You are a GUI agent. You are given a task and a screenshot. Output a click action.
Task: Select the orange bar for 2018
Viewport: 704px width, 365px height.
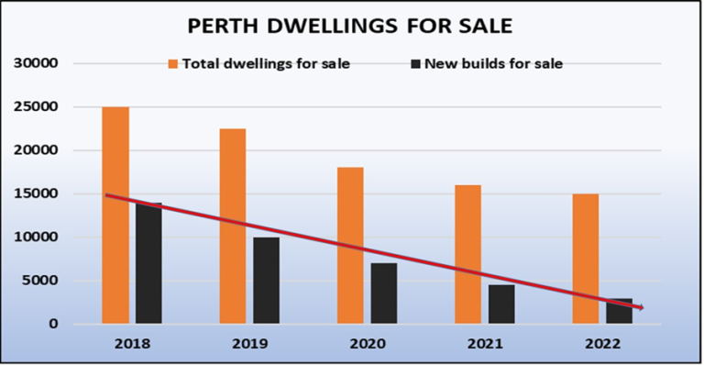click(x=115, y=216)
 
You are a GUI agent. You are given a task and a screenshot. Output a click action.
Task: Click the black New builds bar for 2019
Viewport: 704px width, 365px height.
click(x=266, y=281)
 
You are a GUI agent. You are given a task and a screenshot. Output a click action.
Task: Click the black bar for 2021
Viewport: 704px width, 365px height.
click(x=501, y=304)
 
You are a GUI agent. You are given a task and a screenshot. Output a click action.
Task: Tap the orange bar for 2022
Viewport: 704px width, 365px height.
click(x=585, y=259)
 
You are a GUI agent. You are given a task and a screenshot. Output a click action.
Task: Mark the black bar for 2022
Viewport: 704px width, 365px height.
click(x=619, y=312)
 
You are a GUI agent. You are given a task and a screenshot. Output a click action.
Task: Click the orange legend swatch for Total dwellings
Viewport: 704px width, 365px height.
click(x=172, y=64)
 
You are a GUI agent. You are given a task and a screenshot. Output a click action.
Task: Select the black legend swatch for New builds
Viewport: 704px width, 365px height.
click(x=416, y=64)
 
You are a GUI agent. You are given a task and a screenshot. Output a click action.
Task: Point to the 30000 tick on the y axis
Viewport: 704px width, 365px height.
click(x=36, y=63)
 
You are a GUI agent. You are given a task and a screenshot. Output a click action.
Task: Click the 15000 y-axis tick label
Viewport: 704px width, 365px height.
click(x=36, y=194)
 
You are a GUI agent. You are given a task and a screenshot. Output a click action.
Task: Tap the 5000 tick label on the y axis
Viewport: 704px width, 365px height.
click(x=39, y=281)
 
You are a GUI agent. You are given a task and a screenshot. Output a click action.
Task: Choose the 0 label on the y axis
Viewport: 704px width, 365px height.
click(x=54, y=324)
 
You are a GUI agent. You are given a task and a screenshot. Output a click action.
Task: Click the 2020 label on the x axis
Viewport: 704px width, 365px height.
click(x=367, y=344)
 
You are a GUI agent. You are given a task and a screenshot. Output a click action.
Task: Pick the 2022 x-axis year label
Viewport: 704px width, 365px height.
click(x=601, y=344)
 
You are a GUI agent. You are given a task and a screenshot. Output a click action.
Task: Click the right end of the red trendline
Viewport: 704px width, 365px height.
click(x=643, y=308)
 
